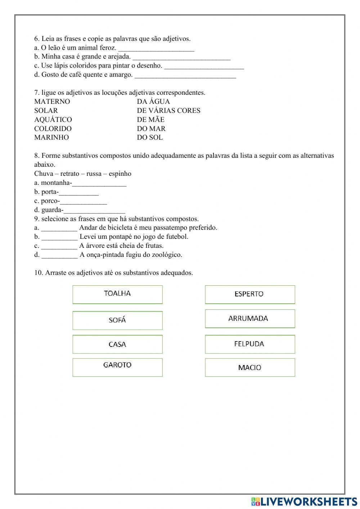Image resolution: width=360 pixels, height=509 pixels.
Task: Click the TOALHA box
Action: coord(117,294)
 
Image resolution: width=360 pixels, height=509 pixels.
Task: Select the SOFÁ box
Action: coord(117,320)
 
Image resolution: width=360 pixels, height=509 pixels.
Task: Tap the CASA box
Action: coord(117,344)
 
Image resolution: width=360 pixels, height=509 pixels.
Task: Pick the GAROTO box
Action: coord(117,367)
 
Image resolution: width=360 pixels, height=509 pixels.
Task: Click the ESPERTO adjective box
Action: coord(250,294)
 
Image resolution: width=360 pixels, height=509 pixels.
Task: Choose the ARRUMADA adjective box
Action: coord(250,318)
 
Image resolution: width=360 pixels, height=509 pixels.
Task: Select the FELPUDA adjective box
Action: coord(250,344)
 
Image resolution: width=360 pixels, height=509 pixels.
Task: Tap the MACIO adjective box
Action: coord(250,367)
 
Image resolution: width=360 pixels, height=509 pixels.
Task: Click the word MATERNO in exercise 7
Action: coord(52,102)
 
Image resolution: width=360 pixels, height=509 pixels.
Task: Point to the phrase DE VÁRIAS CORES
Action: coord(168,111)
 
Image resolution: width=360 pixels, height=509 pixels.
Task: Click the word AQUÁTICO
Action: coord(53,120)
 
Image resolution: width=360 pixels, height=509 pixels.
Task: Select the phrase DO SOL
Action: coord(150,137)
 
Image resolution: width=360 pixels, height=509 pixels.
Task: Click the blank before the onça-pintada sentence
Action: coord(59,255)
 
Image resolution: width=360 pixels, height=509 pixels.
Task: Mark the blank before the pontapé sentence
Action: coord(59,237)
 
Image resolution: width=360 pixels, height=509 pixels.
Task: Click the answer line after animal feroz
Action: coord(156,49)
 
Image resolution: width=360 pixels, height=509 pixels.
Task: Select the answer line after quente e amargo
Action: coord(185,76)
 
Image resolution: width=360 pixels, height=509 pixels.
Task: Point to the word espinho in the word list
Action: coord(120,174)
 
